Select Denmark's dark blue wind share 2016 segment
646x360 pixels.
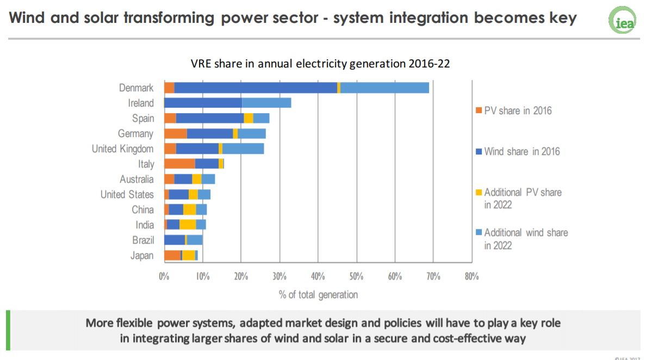tap(256, 88)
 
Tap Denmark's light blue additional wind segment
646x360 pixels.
tap(384, 88)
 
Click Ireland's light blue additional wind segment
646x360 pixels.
tap(266, 103)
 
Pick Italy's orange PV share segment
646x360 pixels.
tap(179, 164)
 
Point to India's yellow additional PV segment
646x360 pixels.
tap(188, 225)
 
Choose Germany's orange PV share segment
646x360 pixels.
tap(176, 133)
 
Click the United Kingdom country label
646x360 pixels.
tap(122, 148)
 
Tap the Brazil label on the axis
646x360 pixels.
tap(143, 240)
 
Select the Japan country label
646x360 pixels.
tap(142, 255)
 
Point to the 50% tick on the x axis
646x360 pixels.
tap(356, 276)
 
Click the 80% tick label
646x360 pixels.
tap(471, 276)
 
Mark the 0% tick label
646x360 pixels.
tap(164, 276)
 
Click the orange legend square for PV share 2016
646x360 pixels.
tap(479, 111)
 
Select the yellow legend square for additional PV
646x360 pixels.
tap(479, 193)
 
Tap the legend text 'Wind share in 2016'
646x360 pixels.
tap(522, 152)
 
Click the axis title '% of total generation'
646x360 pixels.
tap(318, 295)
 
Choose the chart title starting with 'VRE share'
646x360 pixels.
tap(320, 64)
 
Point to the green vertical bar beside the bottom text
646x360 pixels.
tap(8, 330)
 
